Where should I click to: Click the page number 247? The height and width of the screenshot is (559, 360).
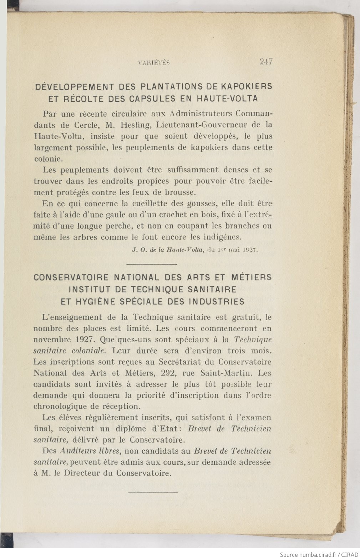click(x=266, y=62)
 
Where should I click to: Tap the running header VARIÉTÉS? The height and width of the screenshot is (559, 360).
click(x=153, y=63)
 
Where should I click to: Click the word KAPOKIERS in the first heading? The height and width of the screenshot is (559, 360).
click(x=247, y=86)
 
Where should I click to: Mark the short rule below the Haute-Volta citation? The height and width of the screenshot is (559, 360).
click(x=152, y=264)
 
